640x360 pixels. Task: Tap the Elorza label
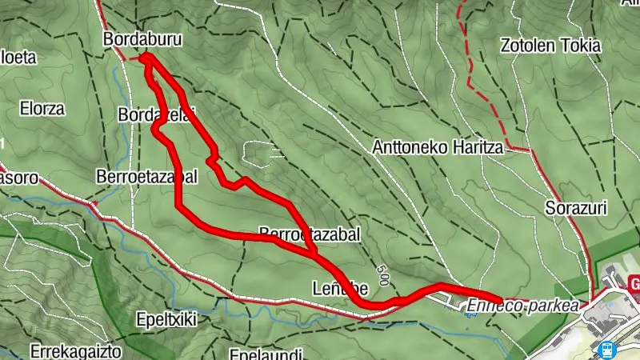pyautogui.click(x=44, y=109)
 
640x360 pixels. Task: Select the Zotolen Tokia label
pyautogui.click(x=550, y=46)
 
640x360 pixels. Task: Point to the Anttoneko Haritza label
pyautogui.click(x=437, y=148)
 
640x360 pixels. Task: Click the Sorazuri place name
pyautogui.click(x=576, y=209)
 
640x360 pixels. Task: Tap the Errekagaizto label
pyautogui.click(x=75, y=350)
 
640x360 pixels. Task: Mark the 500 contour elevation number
pyautogui.click(x=385, y=278)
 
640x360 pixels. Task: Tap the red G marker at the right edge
pyautogui.click(x=634, y=285)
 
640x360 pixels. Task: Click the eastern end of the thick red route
pyautogui.click(x=500, y=300)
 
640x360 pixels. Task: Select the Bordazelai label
pyautogui.click(x=157, y=115)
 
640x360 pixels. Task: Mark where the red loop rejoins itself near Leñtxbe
pyautogui.click(x=315, y=253)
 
